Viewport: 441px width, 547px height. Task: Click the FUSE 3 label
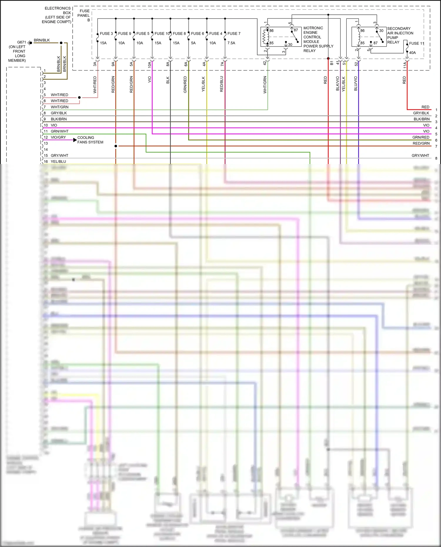106,34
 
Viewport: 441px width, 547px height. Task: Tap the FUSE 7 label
234,34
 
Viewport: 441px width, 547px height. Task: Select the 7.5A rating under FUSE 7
231,43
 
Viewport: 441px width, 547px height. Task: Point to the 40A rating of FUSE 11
412,53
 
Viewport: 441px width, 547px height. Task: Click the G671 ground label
21,42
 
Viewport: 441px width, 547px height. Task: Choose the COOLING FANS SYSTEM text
90,140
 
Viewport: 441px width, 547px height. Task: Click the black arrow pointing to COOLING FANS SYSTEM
75,140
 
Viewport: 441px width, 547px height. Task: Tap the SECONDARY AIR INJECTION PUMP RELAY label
400,35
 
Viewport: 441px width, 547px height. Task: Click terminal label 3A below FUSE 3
95,64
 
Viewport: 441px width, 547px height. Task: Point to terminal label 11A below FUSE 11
405,65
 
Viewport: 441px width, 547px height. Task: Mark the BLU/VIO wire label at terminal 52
356,83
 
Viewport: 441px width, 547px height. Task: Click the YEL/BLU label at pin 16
58,161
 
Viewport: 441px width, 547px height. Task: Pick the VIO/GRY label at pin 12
58,137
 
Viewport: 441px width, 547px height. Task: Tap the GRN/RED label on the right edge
421,137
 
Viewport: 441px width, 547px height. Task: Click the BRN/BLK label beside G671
42,40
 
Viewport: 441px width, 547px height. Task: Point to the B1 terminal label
332,63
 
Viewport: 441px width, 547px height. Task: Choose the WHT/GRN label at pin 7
59,107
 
